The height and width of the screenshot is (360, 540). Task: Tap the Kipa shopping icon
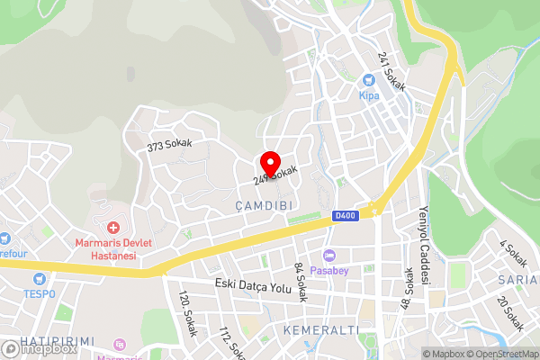point(368,79)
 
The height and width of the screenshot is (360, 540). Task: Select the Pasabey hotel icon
point(329,256)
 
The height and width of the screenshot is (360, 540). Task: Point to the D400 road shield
point(344,216)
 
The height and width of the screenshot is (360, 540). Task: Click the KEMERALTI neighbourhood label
point(320,330)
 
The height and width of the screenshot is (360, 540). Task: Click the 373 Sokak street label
point(170,145)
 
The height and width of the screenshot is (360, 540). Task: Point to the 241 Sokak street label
point(392,71)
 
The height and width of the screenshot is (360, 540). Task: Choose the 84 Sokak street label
point(301,278)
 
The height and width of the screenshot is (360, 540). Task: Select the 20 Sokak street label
point(510,314)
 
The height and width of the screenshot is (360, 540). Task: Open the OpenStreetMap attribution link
point(498,353)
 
